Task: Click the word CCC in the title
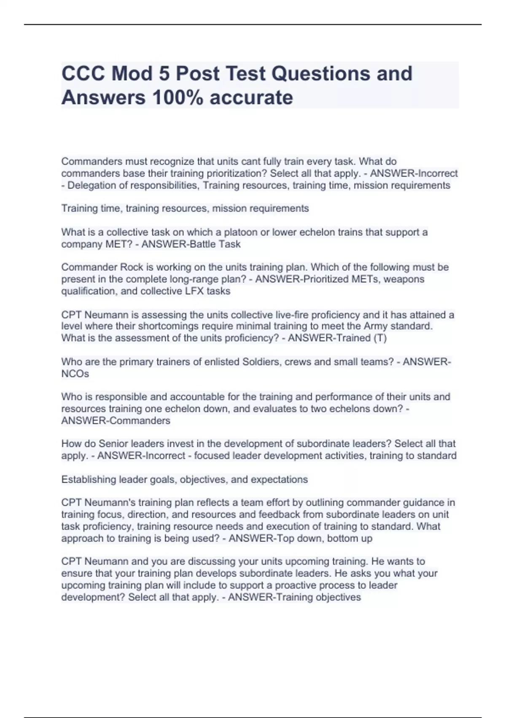(x=83, y=74)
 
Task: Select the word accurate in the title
(x=251, y=98)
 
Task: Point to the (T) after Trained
(x=380, y=338)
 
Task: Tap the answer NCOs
(x=75, y=374)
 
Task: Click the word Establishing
(x=89, y=480)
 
